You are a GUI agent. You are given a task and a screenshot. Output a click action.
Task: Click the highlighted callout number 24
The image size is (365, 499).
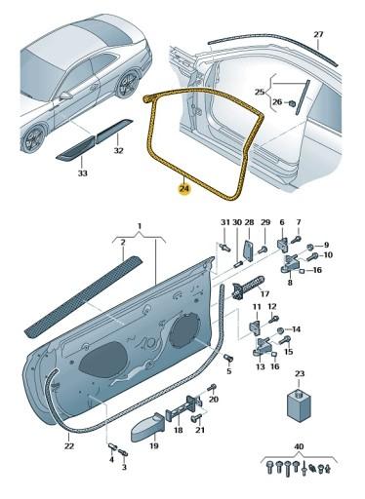click(x=184, y=189)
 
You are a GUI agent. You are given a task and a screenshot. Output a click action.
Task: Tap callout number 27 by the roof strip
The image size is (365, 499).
click(x=318, y=34)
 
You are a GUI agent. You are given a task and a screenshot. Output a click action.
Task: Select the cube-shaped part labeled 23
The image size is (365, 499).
click(x=300, y=403)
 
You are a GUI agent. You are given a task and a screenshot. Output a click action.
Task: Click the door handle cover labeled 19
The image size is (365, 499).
click(x=148, y=427)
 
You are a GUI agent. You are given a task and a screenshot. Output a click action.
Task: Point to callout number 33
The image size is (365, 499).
click(x=83, y=173)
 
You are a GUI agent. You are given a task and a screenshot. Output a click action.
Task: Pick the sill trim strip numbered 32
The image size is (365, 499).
click(x=114, y=132)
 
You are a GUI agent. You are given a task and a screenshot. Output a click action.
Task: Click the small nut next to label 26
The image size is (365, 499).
click(x=292, y=103)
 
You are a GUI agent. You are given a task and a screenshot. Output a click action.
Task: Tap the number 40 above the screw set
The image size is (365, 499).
click(x=299, y=447)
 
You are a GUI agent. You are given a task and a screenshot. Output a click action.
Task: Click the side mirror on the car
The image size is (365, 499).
click(x=65, y=96)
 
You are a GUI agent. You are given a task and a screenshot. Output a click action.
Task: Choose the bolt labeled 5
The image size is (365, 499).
click(x=228, y=359)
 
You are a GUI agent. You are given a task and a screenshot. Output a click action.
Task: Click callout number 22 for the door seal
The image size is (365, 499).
click(x=69, y=446)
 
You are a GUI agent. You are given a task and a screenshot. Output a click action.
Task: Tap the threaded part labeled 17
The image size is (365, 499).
click(x=247, y=287)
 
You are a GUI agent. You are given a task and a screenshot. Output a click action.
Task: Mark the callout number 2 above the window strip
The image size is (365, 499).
click(x=123, y=243)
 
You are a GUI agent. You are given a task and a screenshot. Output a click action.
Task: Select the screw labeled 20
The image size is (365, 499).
click(x=213, y=387)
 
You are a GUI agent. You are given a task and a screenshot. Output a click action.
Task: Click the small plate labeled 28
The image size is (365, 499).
click(x=249, y=250)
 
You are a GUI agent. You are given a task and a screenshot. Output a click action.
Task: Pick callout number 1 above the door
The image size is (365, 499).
click(x=140, y=226)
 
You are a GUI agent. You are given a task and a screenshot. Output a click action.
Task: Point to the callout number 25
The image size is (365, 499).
click(x=260, y=92)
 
